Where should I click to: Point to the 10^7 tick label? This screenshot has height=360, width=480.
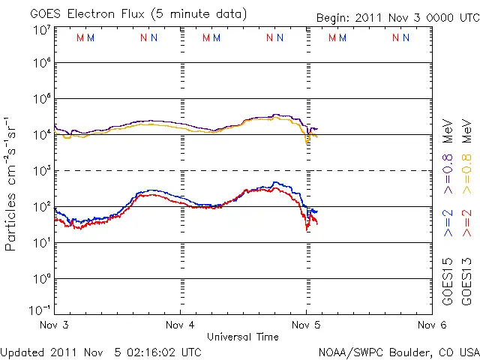pyautogui.click(x=41, y=29)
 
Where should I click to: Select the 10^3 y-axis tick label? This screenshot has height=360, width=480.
pyautogui.click(x=41, y=171)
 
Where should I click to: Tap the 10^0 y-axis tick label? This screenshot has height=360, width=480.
pyautogui.click(x=41, y=279)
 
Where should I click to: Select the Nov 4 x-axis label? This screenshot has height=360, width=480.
pyautogui.click(x=180, y=325)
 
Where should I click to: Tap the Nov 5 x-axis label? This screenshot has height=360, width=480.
pyautogui.click(x=306, y=325)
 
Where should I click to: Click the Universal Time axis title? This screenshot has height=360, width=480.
pyautogui.click(x=243, y=337)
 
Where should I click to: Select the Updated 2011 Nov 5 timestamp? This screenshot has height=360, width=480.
pyautogui.click(x=101, y=351)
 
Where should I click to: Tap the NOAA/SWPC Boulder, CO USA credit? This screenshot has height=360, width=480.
pyautogui.click(x=398, y=351)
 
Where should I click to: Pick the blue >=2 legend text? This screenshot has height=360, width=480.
pyautogui.click(x=448, y=222)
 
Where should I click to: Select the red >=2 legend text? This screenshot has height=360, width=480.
pyautogui.click(x=466, y=222)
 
